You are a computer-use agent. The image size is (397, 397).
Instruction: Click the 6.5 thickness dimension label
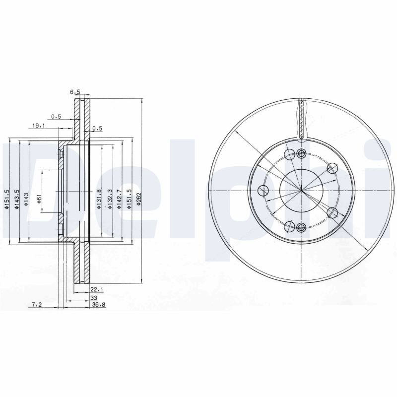(75, 92)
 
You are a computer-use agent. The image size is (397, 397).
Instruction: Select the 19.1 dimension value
(38, 126)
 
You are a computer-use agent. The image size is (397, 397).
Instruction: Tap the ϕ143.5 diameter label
(17, 199)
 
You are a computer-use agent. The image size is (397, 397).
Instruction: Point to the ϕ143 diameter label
(27, 199)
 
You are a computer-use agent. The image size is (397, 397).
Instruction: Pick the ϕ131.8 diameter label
(99, 199)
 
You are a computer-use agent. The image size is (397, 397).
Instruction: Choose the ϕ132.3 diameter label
(110, 199)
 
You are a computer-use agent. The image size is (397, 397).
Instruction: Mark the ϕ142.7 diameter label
(119, 199)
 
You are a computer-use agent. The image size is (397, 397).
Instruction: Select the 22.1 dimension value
(96, 289)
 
